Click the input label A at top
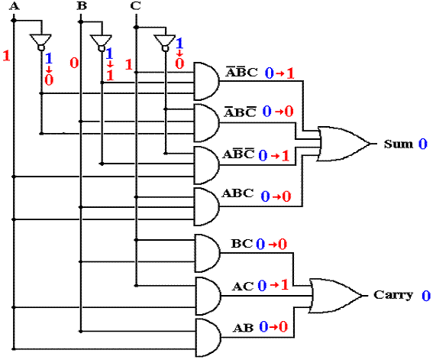point(15,5)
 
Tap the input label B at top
point(82,5)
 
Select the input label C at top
point(135,5)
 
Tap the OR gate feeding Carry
point(336,296)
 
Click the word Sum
point(398,144)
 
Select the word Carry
point(393,295)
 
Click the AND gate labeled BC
point(207,253)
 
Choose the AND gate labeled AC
point(208,296)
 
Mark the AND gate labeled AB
point(208,338)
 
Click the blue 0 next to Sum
point(423,144)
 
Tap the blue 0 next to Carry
point(426,296)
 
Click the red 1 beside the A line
point(6,56)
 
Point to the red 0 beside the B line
point(74,63)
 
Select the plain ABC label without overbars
point(237,193)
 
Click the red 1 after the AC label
point(285,285)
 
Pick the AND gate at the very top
point(206,81)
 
